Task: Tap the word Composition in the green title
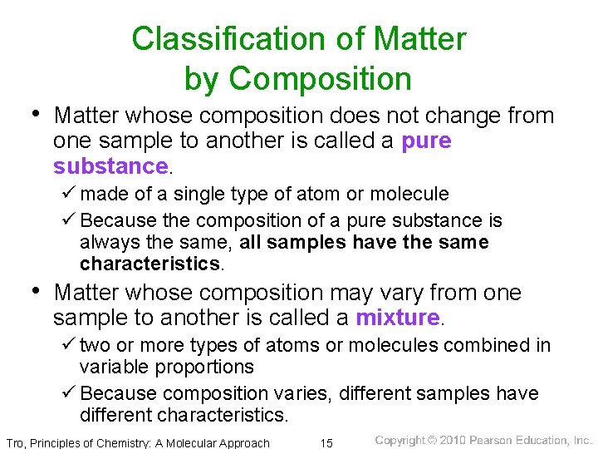coord(321,79)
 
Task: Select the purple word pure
coord(426,141)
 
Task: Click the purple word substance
coord(110,166)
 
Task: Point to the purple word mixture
coord(397,318)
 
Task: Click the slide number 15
coord(327,442)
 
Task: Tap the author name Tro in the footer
coord(16,442)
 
